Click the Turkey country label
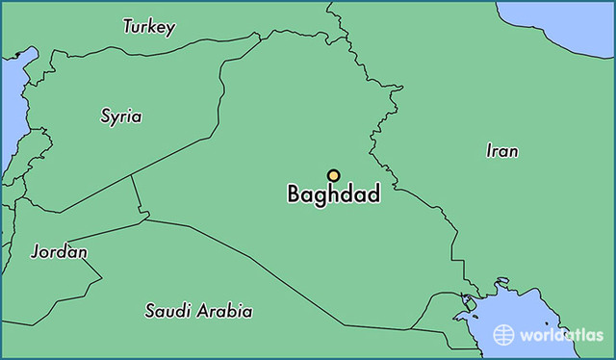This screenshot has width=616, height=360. click(148, 27)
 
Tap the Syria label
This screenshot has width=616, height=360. click(121, 116)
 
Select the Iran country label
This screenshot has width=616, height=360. click(502, 151)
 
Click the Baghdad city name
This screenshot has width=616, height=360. click(333, 194)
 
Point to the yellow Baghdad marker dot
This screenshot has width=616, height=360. click(333, 175)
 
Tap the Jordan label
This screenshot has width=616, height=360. click(59, 252)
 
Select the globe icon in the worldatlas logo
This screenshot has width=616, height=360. click(503, 334)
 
